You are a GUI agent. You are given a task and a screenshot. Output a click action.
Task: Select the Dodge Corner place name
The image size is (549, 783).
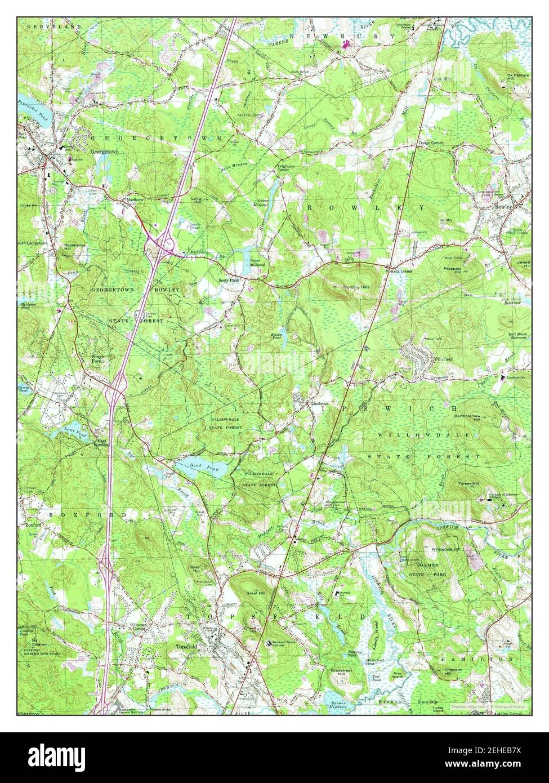[431, 144]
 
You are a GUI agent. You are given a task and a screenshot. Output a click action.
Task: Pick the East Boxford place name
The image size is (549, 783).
[101, 443]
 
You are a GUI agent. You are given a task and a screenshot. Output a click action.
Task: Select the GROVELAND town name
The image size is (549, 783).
[45, 26]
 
